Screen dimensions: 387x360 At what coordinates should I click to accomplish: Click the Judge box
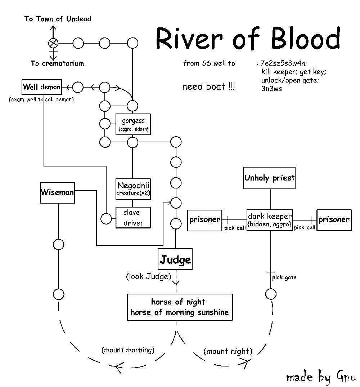[175, 259]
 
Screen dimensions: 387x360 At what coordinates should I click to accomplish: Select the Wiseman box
[57, 192]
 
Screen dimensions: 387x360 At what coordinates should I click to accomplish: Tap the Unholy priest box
[269, 178]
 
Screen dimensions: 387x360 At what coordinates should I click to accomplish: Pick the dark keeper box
[270, 220]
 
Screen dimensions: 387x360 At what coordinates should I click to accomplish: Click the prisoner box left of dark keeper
[205, 220]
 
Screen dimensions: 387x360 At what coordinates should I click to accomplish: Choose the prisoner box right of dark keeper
[334, 220]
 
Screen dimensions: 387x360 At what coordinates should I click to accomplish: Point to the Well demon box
[41, 87]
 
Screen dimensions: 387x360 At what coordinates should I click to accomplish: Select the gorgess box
[133, 124]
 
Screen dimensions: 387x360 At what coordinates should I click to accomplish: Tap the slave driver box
[133, 218]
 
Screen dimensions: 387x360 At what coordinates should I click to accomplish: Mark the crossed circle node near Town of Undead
[53, 43]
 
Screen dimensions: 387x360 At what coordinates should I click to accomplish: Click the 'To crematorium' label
[57, 63]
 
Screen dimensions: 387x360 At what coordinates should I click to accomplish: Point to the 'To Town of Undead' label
[58, 19]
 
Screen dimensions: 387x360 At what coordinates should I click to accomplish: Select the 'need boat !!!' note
[208, 87]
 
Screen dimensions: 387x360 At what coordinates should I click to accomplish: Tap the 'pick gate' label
[284, 277]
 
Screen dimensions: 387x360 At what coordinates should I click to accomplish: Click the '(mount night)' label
[228, 351]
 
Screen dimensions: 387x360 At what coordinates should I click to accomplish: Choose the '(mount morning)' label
[128, 350]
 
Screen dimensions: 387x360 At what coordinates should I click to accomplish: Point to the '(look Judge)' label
[148, 277]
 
